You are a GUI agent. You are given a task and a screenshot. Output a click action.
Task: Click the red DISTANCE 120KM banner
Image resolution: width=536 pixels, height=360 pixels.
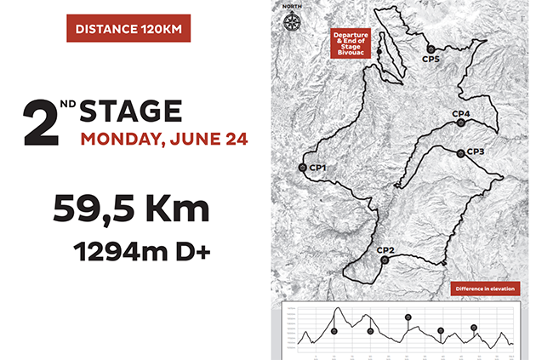pos(128,29)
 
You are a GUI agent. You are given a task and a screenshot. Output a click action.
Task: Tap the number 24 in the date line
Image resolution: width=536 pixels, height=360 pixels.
pos(233,139)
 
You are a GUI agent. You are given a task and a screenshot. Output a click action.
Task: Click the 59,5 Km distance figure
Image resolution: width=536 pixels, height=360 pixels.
pos(130,209)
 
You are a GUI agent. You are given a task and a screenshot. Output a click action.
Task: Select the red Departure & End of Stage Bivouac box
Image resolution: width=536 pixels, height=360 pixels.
pos(354,43)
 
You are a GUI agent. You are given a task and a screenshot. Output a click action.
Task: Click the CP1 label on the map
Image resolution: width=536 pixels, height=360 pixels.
pos(318,167)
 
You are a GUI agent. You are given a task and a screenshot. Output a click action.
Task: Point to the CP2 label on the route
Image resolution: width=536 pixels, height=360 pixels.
pos(385,249)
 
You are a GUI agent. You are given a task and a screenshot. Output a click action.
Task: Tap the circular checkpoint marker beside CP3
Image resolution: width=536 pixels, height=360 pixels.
pos(460,153)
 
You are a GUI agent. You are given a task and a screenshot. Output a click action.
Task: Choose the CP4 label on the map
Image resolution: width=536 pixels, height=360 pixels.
pos(460,114)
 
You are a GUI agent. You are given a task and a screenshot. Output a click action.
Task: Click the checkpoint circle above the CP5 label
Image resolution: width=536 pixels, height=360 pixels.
pos(431,49)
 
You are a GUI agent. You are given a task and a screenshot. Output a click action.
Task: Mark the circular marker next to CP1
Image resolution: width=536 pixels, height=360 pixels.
pos(303,168)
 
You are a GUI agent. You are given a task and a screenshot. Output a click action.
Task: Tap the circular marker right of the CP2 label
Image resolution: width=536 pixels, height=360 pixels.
pos(385,260)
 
